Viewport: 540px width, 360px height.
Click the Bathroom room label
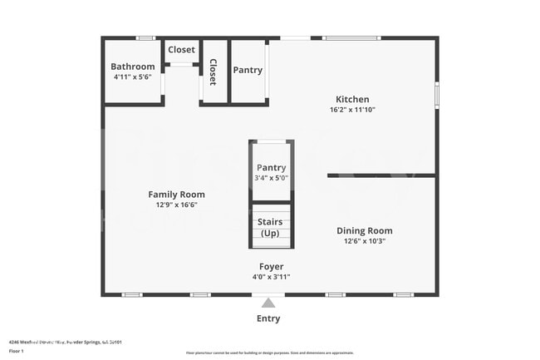[133, 67]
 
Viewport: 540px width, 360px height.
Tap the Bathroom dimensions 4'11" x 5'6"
[133, 77]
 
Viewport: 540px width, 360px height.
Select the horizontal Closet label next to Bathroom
[182, 50]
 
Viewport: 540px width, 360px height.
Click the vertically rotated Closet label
[213, 72]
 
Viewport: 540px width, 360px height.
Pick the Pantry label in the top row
[247, 71]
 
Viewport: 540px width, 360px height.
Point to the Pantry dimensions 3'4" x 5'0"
[272, 178]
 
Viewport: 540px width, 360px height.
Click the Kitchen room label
[353, 99]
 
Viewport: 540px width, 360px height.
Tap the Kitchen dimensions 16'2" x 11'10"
[353, 110]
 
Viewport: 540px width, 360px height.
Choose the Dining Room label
[364, 230]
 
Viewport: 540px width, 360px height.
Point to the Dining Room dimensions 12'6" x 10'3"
[364, 241]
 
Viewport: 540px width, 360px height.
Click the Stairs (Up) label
[271, 227]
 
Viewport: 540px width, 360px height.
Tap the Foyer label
[271, 266]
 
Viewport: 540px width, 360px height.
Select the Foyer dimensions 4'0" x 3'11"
[271, 277]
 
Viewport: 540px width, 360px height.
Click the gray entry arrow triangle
[268, 303]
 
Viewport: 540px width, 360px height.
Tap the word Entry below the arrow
[268, 318]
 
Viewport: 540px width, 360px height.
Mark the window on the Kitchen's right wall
[437, 94]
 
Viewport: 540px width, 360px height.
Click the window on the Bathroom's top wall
[146, 37]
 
